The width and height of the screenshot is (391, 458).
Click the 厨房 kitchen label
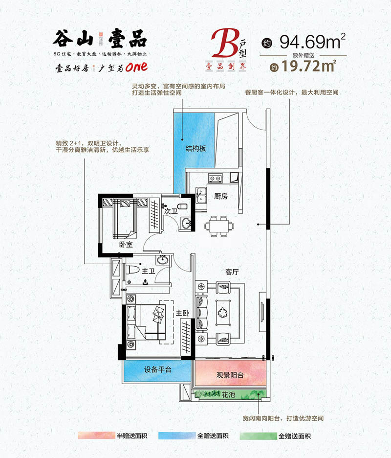click(221, 196)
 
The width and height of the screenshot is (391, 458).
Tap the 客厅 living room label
click(232, 272)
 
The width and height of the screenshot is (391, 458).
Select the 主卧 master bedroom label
click(182, 313)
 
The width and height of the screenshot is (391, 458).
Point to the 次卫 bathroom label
click(171, 210)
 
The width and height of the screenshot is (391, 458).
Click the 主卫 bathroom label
click(148, 272)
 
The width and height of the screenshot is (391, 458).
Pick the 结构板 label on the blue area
click(196, 148)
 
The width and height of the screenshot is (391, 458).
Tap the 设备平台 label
click(157, 369)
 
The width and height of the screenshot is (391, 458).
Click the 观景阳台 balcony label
click(230, 375)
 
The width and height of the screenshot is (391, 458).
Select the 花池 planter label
click(228, 394)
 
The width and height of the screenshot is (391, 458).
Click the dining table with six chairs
click(219, 226)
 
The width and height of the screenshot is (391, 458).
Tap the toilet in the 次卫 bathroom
click(182, 206)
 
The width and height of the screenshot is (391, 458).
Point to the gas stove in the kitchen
click(216, 178)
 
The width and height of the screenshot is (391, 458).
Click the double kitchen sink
click(201, 195)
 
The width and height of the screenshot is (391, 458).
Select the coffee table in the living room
click(223, 313)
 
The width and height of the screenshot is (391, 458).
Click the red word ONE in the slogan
click(136, 67)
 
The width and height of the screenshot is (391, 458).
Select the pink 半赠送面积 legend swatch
click(97, 435)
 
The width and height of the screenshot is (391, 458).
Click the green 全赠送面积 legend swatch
click(258, 436)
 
